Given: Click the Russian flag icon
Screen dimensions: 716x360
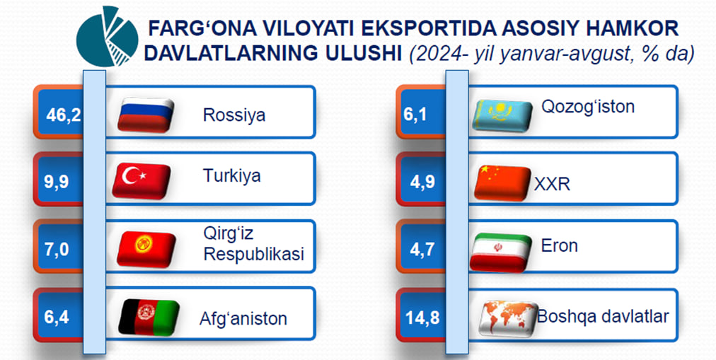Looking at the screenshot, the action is coord(146,115).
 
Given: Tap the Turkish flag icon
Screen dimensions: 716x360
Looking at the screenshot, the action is coord(141,181).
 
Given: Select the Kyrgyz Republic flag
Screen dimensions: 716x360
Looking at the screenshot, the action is coord(146,249).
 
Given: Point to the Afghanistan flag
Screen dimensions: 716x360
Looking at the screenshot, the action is coord(149,317).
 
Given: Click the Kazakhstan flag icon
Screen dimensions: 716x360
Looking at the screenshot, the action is coord(502,116).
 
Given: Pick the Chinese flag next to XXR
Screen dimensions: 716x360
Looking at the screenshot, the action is coord(503,182).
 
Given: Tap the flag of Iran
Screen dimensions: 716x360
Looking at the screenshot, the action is coord(500,252).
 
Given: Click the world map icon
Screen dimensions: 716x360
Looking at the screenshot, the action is coord(508,318).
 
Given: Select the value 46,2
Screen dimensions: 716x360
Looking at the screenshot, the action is coord(64,115).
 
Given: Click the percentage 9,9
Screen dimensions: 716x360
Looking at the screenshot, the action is coord(57,182).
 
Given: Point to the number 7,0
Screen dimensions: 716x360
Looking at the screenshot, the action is coord(57,250).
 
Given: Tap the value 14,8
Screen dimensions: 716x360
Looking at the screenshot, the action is coord(422,318).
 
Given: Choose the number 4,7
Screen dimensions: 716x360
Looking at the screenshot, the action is coord(422,250).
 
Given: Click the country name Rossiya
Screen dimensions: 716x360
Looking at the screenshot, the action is coord(233,115).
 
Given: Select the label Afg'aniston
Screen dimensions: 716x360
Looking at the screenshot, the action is coord(243,318).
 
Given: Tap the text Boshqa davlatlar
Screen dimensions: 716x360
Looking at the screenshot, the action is coord(603,315).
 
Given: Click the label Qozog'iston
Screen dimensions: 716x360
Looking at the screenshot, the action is coord(588,107).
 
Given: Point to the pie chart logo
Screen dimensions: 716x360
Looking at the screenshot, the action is coord(107,37).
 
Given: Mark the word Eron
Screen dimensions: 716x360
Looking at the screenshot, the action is coord(560,246).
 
